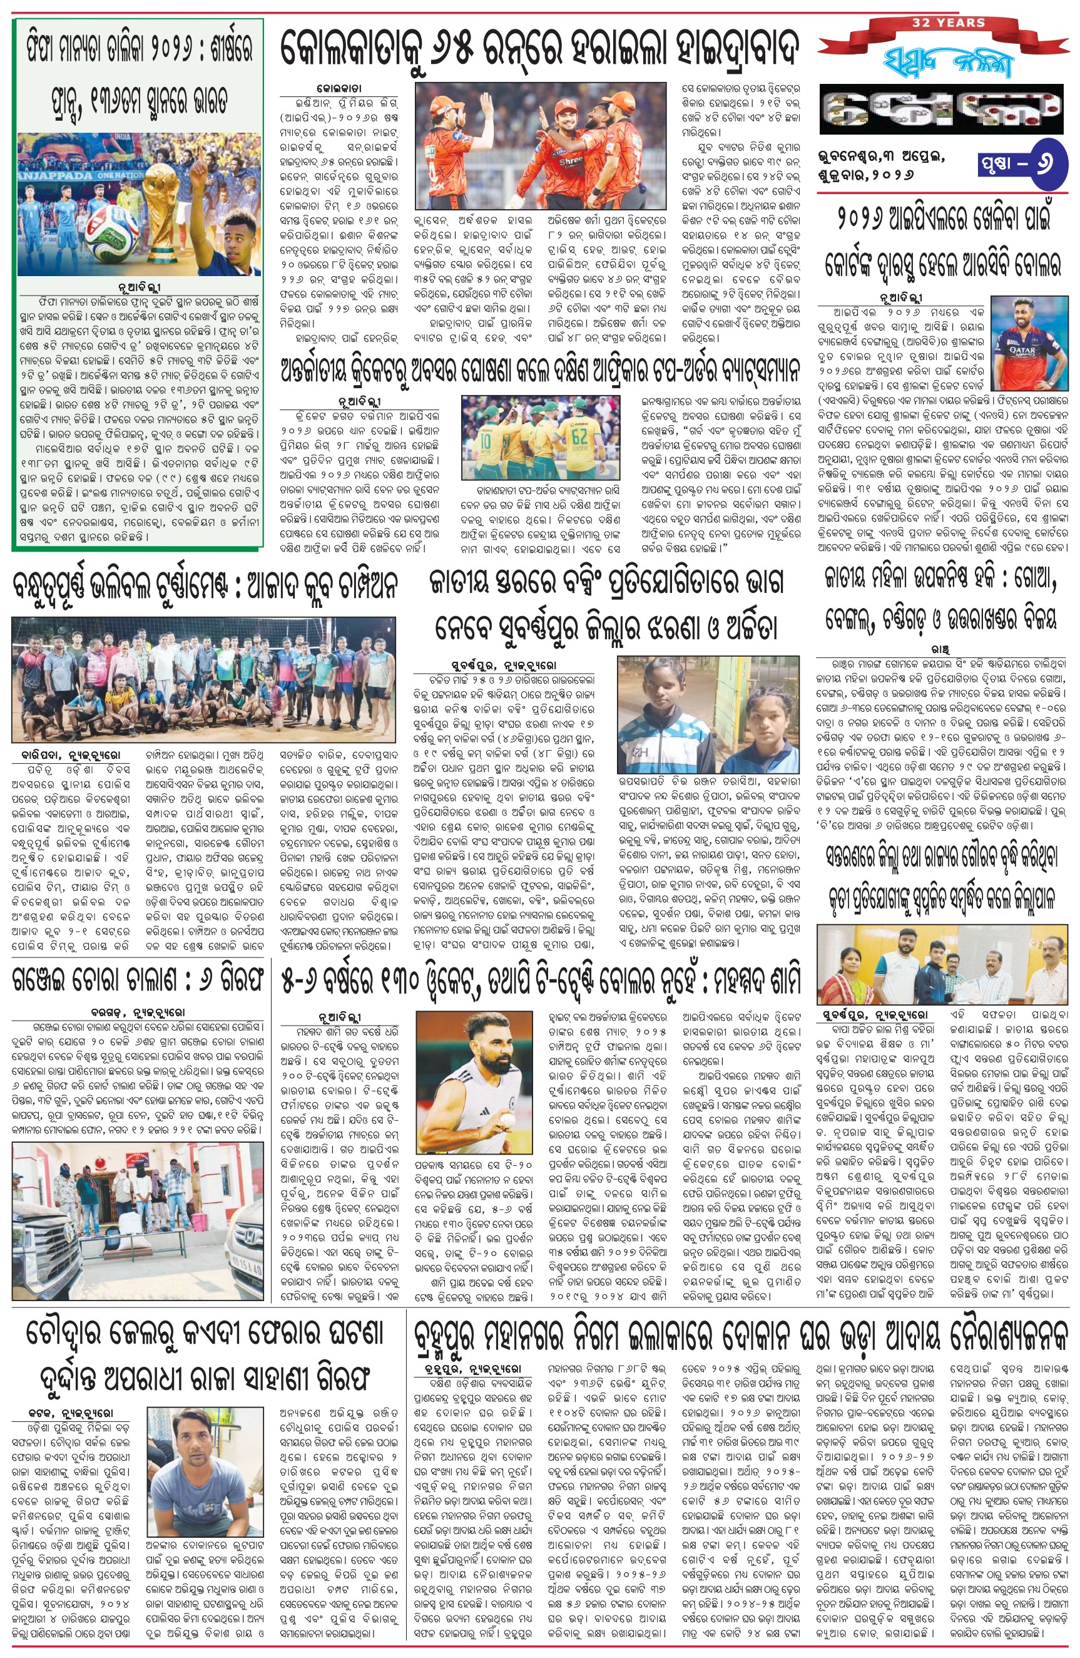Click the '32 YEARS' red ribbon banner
point(948,24)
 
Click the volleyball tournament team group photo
point(203,679)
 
